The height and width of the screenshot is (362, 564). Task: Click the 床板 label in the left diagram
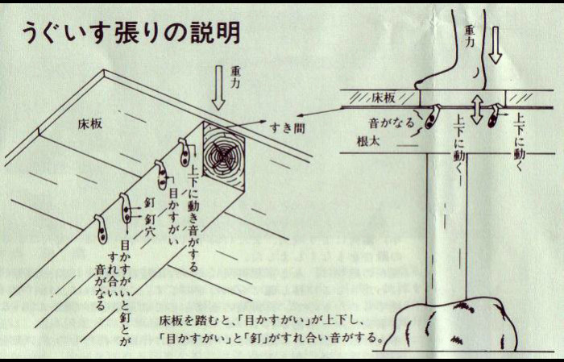pos(90,124)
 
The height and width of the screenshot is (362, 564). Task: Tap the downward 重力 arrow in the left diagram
pos(218,87)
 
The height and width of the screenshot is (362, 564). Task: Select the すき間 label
pos(288,127)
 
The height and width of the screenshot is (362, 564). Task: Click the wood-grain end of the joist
pos(224,154)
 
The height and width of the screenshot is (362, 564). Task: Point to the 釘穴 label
pos(150,224)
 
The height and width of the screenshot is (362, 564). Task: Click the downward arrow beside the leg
pos(496,45)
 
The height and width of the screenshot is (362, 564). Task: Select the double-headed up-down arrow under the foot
pos(477,110)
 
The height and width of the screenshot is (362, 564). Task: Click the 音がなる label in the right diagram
pos(392,123)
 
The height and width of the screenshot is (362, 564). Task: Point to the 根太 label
pos(368,141)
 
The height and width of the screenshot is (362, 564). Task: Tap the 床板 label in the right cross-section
pos(384,98)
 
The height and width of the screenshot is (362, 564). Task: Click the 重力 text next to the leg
pos(469,35)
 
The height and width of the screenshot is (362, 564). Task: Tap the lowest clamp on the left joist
pos(102,229)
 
